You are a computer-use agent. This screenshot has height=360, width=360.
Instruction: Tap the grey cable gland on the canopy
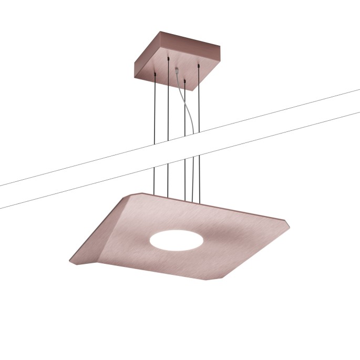177,69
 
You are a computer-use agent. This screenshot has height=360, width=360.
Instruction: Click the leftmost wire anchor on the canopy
156,74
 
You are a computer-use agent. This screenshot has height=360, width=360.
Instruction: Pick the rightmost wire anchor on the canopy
199,66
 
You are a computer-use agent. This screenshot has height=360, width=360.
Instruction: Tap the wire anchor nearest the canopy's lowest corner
185,81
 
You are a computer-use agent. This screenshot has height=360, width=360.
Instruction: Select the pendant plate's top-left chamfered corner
134,195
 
